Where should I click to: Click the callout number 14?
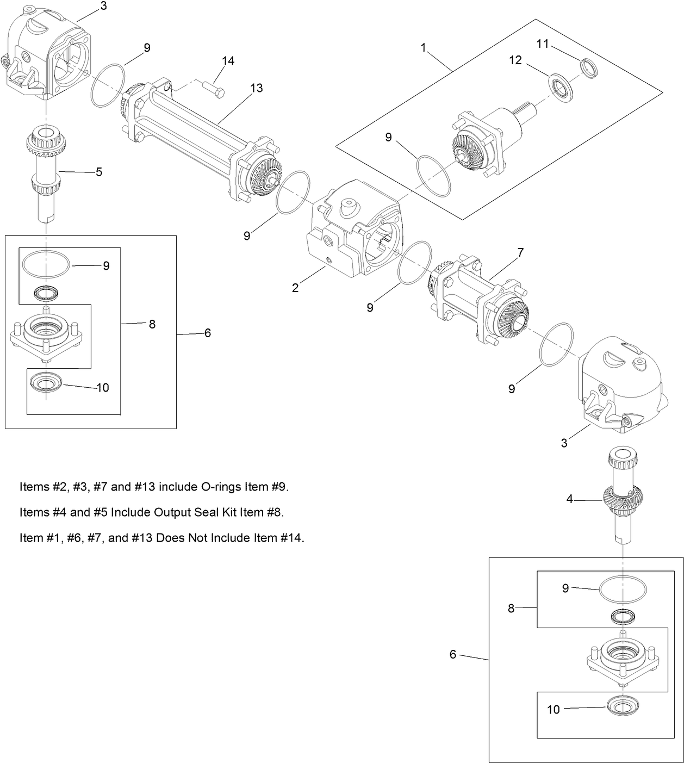[x=228, y=61]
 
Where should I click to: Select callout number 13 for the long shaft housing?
[x=256, y=88]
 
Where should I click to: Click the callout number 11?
[x=543, y=44]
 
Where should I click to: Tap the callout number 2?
[x=295, y=288]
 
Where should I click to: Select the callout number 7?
[x=520, y=252]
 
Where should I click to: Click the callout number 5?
[x=99, y=172]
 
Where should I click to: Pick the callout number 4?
[x=570, y=499]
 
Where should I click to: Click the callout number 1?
[x=424, y=48]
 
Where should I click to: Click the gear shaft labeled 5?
[x=46, y=174]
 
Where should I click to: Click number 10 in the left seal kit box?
[x=103, y=388]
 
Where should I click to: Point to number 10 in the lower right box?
[x=553, y=710]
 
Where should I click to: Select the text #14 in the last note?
[x=289, y=538]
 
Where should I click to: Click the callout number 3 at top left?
[x=104, y=6]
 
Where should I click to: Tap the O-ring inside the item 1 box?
[x=434, y=176]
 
